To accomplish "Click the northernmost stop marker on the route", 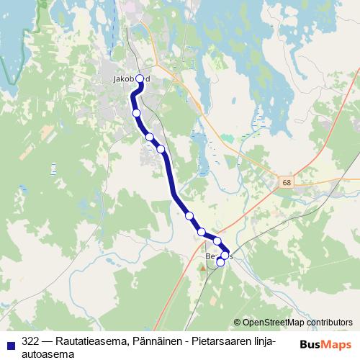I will (x=140, y=79).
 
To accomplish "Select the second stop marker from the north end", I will (x=136, y=112).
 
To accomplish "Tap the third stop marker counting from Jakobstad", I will (x=150, y=137).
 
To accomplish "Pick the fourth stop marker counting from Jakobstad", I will (x=161, y=149).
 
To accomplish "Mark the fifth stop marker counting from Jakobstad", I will (x=189, y=215).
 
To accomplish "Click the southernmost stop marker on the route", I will (x=220, y=263).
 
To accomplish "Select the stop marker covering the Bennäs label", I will (x=225, y=255).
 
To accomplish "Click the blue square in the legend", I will (x=11, y=345).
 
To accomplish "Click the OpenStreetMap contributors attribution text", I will (x=292, y=323).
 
